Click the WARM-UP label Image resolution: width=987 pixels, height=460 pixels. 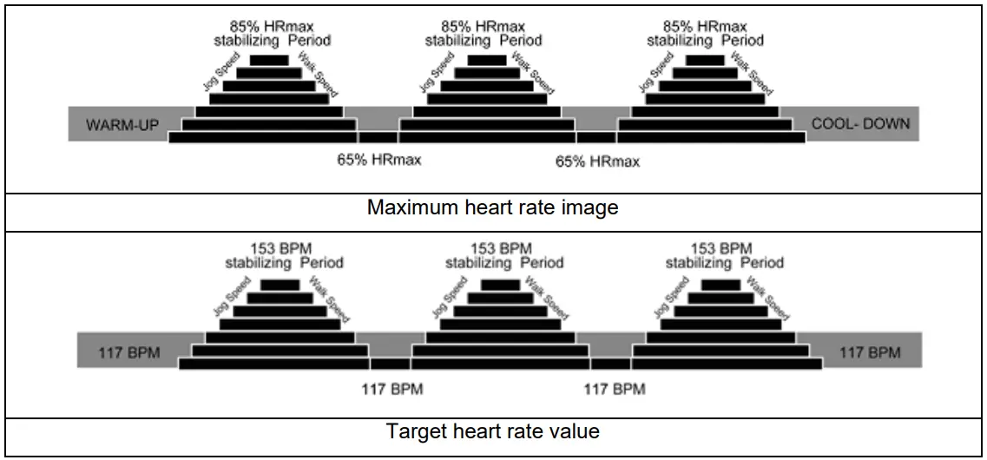[x=122, y=125]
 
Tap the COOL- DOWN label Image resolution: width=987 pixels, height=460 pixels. [x=860, y=124]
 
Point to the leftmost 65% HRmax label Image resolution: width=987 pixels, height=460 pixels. [x=379, y=161]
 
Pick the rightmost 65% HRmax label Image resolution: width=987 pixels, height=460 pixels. [x=597, y=161]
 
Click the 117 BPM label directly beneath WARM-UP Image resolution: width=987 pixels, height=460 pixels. [x=118, y=353]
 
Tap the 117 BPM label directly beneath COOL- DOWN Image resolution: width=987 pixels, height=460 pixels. [x=870, y=352]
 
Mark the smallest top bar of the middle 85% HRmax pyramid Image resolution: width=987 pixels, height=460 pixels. [x=486, y=61]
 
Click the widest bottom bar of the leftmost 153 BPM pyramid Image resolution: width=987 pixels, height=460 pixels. [x=274, y=364]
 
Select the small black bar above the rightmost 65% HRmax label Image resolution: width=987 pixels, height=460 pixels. [x=595, y=136]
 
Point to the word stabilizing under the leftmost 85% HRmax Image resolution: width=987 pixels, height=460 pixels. [x=247, y=40]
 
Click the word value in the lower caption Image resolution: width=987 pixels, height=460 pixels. [x=578, y=431]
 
